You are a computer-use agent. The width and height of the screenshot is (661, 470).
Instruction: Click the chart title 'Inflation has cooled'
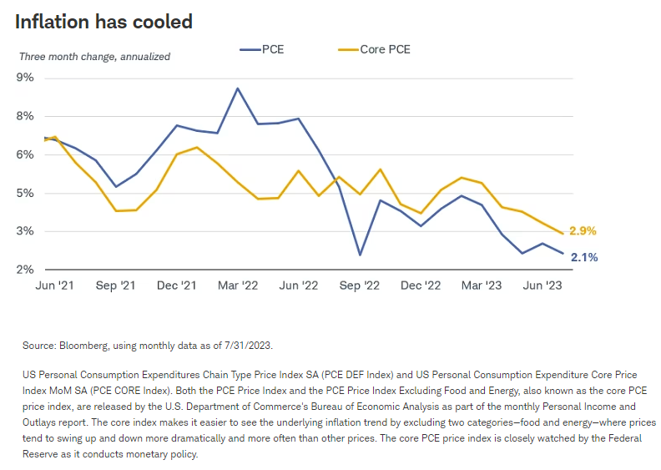click(x=103, y=22)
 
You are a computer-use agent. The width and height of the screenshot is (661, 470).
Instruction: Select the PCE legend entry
click(x=262, y=49)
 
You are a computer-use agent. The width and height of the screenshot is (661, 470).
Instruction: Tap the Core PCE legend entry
click(x=375, y=49)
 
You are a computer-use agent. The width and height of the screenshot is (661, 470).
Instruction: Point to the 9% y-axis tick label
click(x=25, y=78)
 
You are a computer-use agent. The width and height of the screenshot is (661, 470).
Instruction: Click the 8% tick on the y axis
click(x=25, y=116)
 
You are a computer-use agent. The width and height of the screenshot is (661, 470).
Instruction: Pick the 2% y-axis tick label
click(x=25, y=270)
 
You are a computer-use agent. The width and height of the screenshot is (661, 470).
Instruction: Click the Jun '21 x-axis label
click(x=54, y=286)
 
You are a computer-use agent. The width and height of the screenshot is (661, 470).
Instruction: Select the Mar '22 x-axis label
click(x=238, y=286)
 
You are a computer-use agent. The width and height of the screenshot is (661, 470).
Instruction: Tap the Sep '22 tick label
click(x=361, y=286)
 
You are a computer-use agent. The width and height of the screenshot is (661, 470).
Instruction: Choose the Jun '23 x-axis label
click(x=543, y=286)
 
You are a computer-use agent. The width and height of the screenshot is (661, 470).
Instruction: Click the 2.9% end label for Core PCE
click(x=583, y=231)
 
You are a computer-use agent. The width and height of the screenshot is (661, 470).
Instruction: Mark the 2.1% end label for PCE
click(x=583, y=257)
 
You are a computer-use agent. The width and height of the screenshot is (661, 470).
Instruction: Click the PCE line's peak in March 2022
click(x=238, y=88)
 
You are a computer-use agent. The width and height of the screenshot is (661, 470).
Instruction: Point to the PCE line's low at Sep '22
click(x=361, y=255)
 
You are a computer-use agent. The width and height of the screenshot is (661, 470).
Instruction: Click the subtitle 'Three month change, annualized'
click(x=94, y=57)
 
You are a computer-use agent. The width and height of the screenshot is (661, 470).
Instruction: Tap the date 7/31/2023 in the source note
click(x=246, y=345)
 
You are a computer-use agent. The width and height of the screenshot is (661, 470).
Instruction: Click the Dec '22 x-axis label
click(x=421, y=286)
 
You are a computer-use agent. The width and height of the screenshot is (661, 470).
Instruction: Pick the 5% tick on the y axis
click(x=25, y=193)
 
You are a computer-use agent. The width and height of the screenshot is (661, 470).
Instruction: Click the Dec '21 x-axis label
click(x=177, y=286)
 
